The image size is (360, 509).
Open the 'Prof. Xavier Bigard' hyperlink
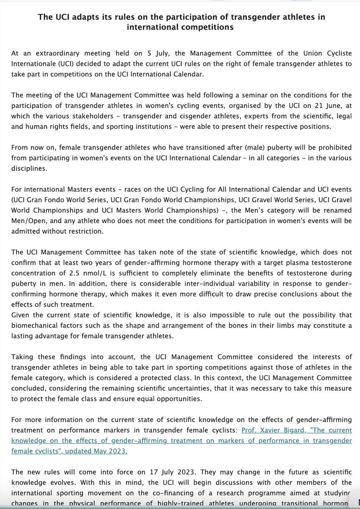click(269, 430)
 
